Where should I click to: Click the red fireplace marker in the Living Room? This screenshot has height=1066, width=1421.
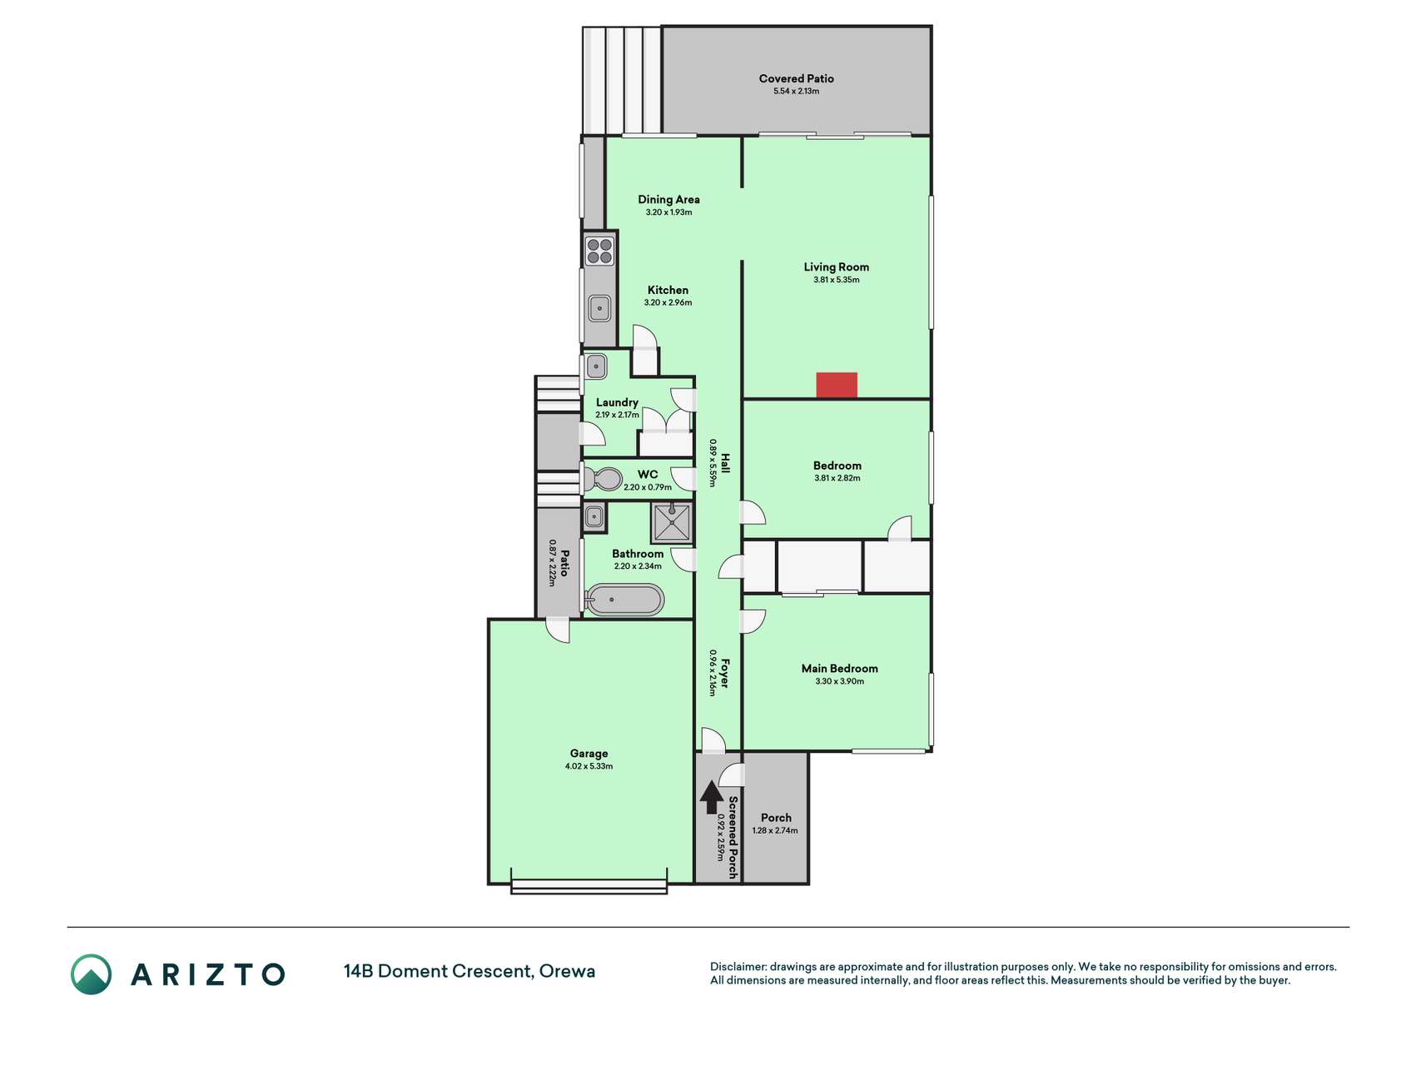[x=836, y=385]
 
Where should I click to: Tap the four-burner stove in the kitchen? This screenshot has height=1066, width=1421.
[x=599, y=251]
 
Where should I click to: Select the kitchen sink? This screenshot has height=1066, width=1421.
[x=599, y=309]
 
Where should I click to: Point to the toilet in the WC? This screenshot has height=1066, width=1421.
[x=603, y=479]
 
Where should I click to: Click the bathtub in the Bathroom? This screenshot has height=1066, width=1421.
[x=624, y=600]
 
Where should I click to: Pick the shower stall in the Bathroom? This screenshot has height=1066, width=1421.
[x=672, y=523]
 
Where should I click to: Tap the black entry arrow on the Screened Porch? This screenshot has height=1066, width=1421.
[x=711, y=797]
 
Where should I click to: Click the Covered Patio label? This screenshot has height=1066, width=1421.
[x=796, y=78]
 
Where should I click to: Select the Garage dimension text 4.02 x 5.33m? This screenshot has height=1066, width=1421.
[x=589, y=766]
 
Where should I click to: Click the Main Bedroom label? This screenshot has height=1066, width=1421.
[x=839, y=668]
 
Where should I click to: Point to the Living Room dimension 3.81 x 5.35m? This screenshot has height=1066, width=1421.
[x=837, y=280]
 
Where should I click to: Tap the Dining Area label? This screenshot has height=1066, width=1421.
[x=668, y=199]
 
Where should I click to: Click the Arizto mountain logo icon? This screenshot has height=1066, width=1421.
[x=91, y=974]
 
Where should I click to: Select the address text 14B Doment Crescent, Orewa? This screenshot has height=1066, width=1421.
[x=470, y=971]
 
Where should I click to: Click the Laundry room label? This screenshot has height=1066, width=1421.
[x=617, y=402]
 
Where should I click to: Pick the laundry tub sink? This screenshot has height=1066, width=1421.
[x=596, y=366]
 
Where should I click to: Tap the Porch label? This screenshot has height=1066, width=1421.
[x=776, y=818]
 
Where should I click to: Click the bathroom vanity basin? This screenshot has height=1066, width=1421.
[x=594, y=516]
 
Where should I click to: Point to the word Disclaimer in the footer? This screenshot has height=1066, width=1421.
[x=738, y=967]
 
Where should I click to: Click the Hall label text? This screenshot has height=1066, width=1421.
[x=725, y=463]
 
